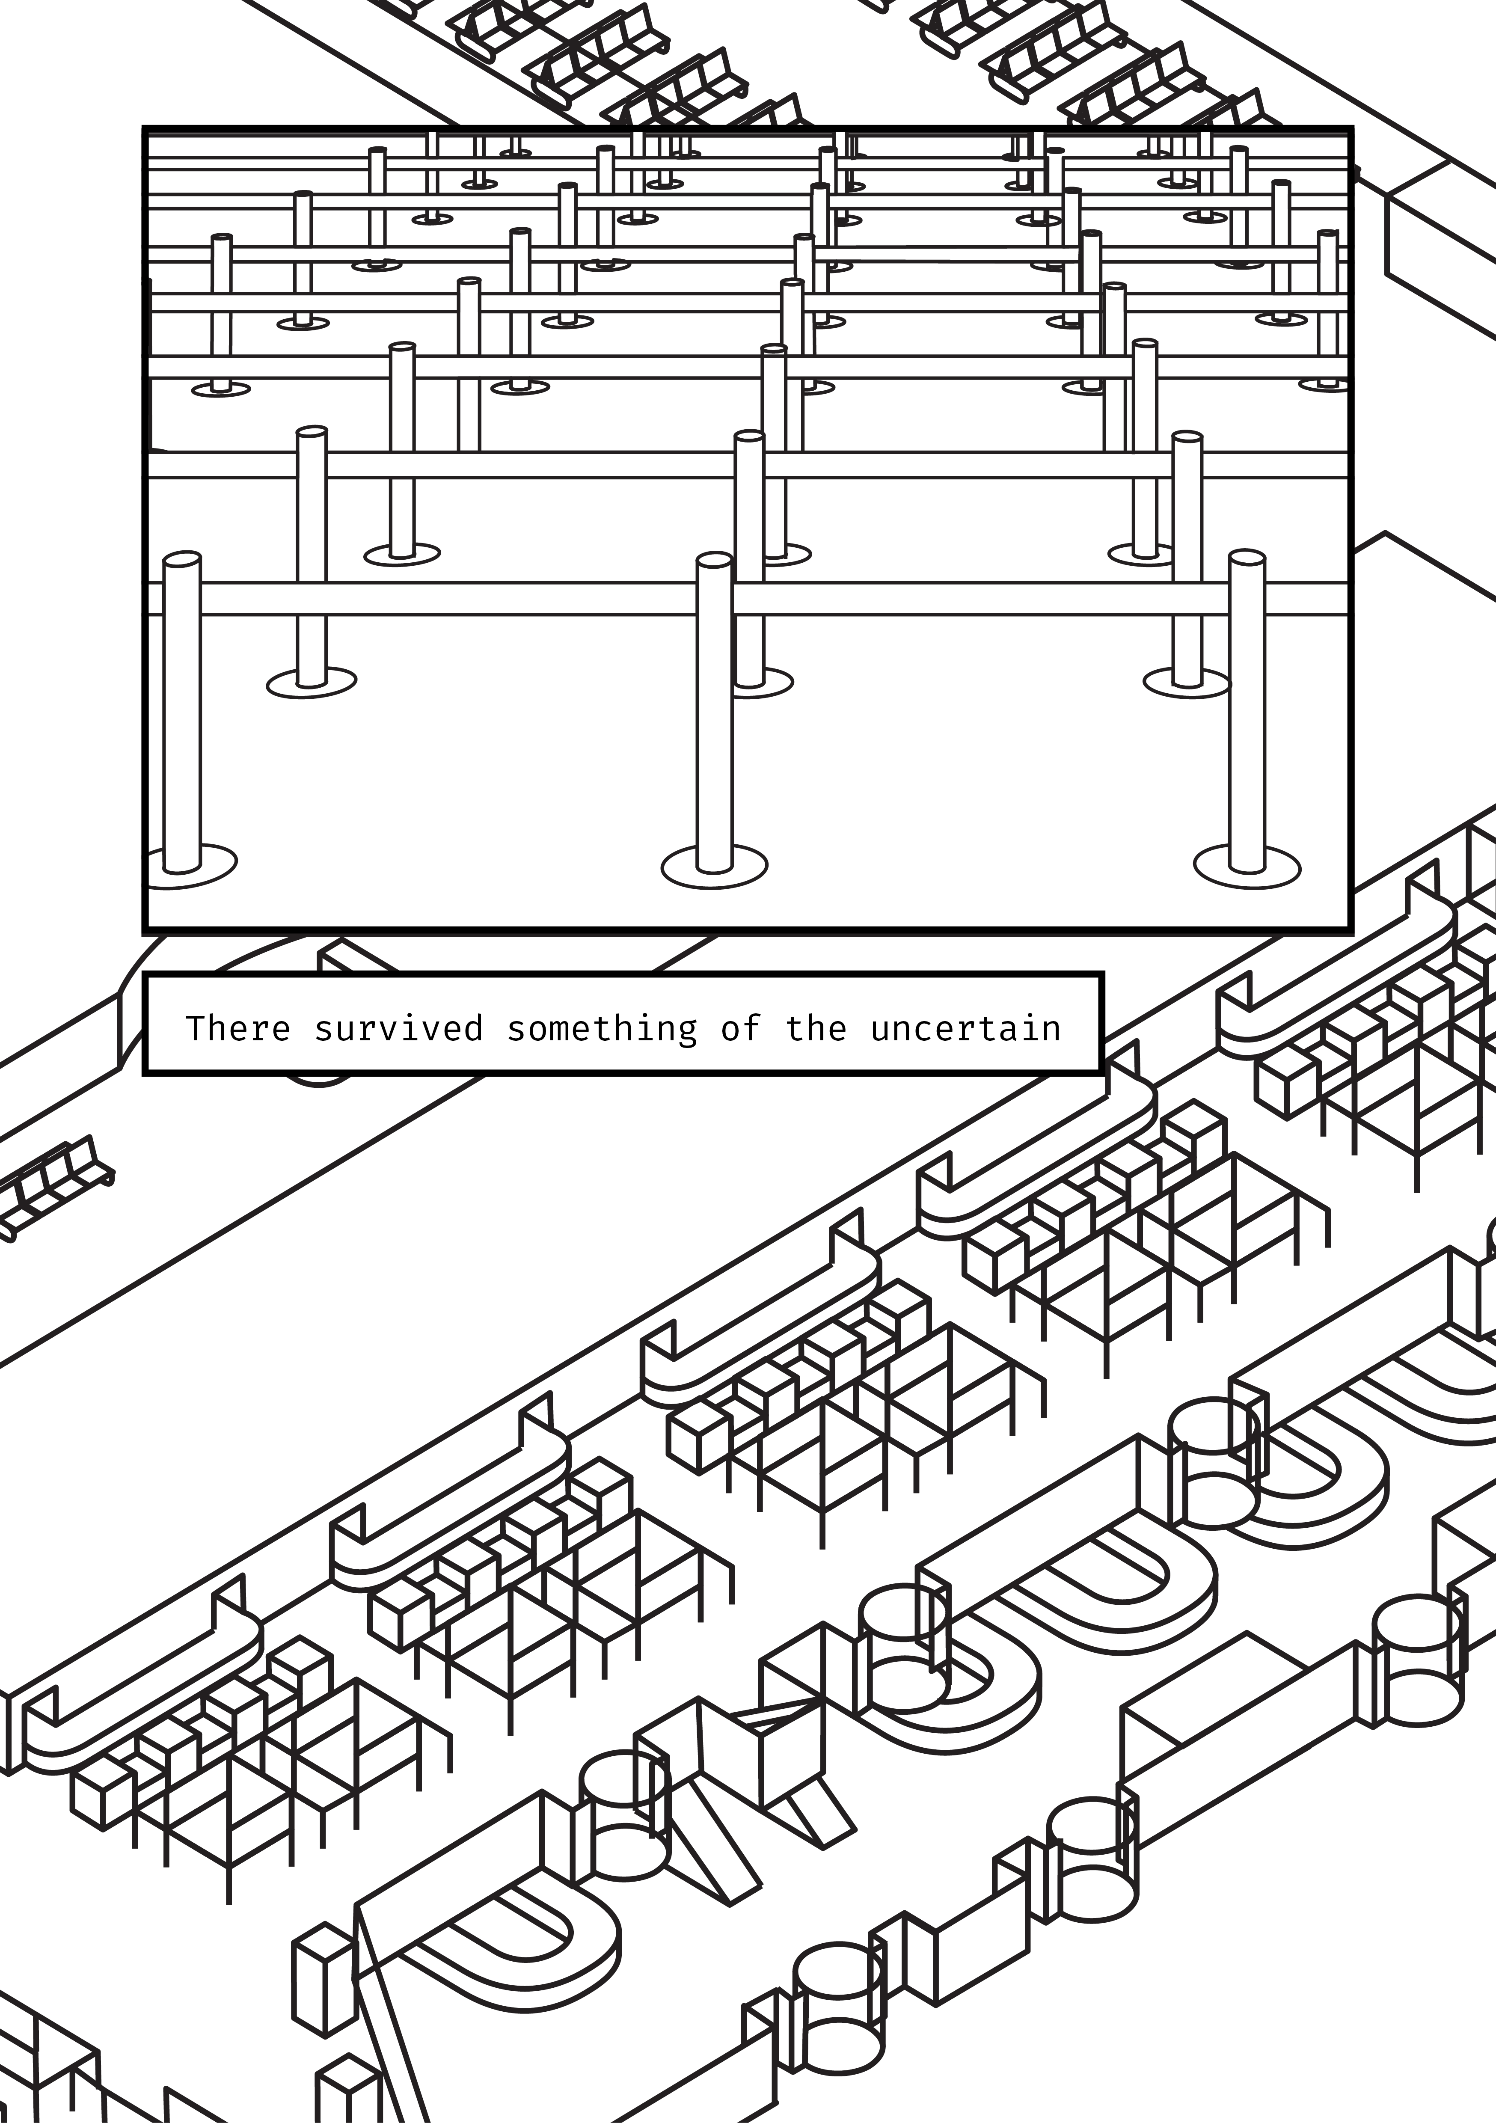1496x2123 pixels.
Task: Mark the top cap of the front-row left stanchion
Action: (x=182, y=558)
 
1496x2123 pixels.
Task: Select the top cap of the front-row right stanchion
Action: (x=1247, y=558)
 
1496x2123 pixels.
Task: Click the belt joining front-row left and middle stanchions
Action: (x=448, y=598)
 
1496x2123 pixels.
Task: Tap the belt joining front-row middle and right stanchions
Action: (x=980, y=598)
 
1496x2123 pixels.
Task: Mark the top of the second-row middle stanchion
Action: (x=749, y=436)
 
